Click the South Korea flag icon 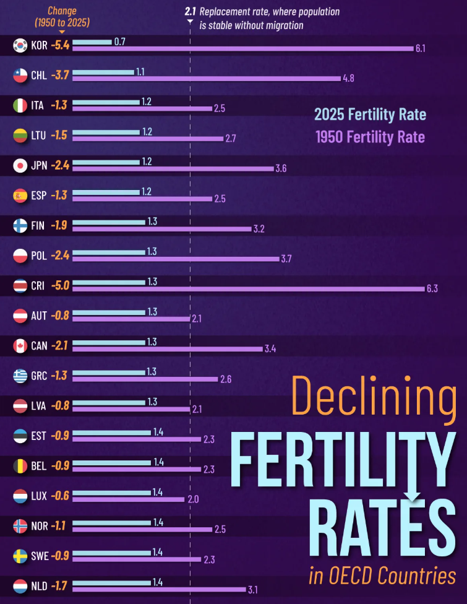pyautogui.click(x=20, y=46)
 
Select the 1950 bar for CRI pyautogui.click(x=247, y=288)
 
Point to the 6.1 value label pyautogui.click(x=421, y=49)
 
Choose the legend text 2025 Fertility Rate pyautogui.click(x=370, y=114)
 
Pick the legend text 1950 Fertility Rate pyautogui.click(x=370, y=136)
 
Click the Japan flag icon pyautogui.click(x=20, y=166)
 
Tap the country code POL pyautogui.click(x=38, y=256)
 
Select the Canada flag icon pyautogui.click(x=20, y=346)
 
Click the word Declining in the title pyautogui.click(x=374, y=396)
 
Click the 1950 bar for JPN pyautogui.click(x=173, y=168)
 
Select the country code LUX pyautogui.click(x=38, y=496)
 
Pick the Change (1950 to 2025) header pyautogui.click(x=62, y=17)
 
